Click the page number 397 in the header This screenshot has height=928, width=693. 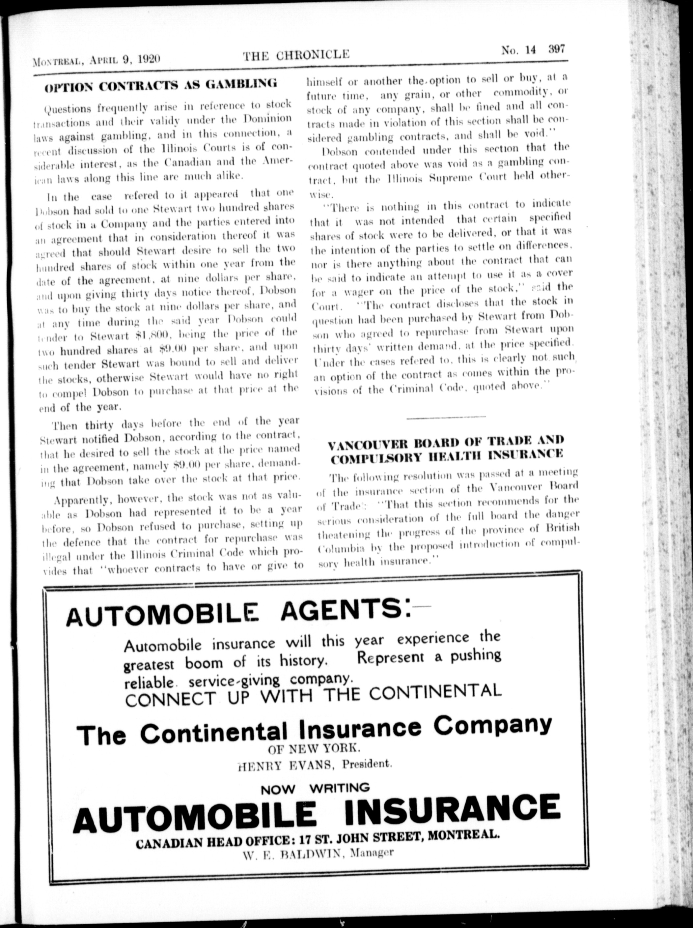click(x=557, y=49)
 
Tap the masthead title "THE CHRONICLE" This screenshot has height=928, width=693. click(x=296, y=54)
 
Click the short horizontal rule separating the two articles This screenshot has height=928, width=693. click(x=446, y=417)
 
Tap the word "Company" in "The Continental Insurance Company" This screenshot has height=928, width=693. click(x=492, y=725)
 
